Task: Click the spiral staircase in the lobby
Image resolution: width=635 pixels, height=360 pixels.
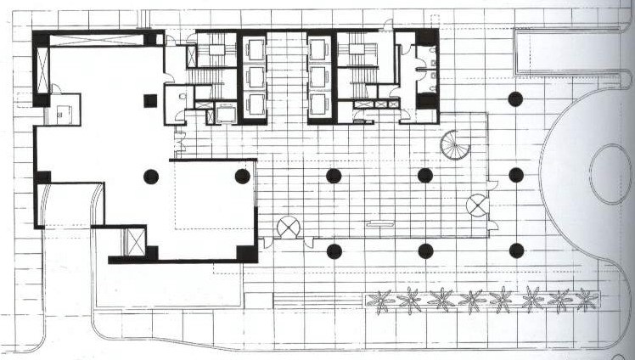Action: [455, 145]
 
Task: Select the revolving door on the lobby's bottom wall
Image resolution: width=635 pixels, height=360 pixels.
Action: [289, 227]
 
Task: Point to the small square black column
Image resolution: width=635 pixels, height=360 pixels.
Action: [150, 100]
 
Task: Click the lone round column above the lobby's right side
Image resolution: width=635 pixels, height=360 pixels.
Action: [515, 98]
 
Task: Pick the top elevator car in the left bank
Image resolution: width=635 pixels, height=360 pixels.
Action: [255, 49]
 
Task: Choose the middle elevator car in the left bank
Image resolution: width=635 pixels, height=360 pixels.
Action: [255, 77]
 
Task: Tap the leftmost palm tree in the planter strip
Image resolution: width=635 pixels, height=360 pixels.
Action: [381, 299]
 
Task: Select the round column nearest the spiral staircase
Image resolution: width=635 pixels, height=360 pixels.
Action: [425, 176]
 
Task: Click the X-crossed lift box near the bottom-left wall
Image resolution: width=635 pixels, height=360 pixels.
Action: [135, 241]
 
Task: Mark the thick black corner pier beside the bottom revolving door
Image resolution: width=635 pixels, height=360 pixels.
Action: [246, 253]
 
